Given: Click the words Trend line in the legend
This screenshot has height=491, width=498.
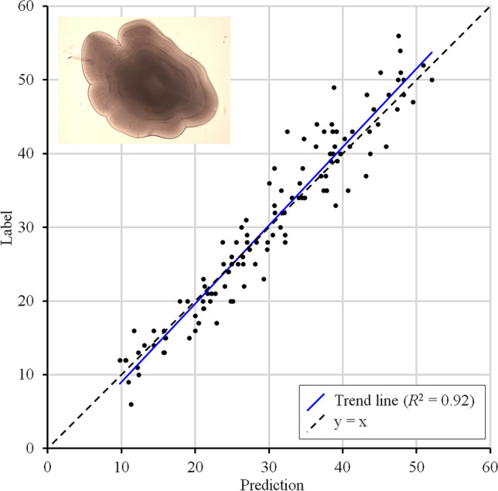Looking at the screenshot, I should (x=362, y=401).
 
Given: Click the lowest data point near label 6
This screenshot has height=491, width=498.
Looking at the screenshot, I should (x=131, y=404).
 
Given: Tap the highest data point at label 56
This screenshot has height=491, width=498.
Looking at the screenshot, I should (x=398, y=36).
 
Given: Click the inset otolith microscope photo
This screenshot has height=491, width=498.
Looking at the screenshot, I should (x=144, y=80).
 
